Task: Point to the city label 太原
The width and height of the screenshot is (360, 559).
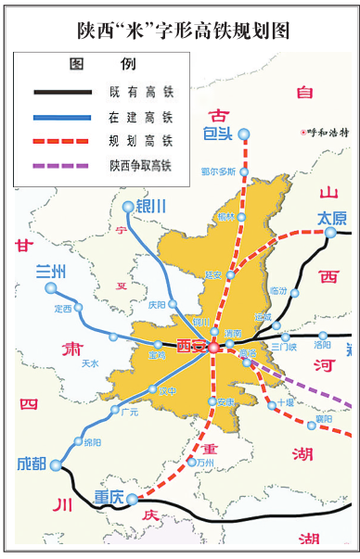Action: click(331, 218)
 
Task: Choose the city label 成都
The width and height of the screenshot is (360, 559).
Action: click(31, 463)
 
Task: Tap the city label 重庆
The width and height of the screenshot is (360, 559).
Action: click(109, 498)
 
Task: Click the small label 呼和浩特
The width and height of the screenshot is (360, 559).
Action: click(325, 133)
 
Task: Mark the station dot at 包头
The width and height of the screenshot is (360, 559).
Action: click(244, 134)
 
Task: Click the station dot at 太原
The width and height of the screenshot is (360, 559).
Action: click(331, 232)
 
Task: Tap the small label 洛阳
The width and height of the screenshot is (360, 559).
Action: click(323, 347)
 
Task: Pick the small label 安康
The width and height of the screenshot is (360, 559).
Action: click(225, 402)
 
